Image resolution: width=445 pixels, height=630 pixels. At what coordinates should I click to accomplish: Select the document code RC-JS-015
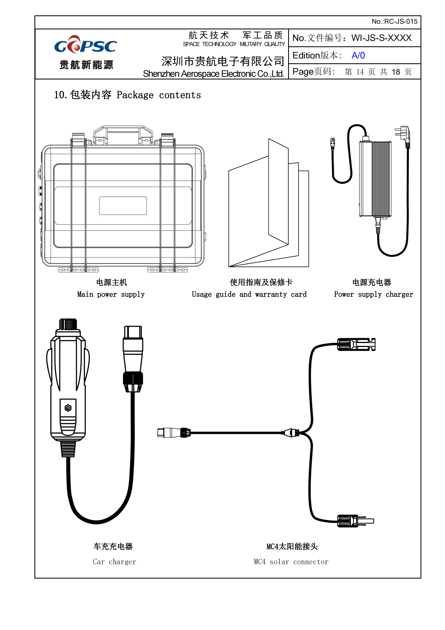click(x=401, y=21)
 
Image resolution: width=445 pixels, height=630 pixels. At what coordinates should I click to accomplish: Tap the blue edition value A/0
click(x=358, y=55)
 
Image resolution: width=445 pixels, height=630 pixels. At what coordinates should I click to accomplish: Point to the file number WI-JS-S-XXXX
click(x=382, y=38)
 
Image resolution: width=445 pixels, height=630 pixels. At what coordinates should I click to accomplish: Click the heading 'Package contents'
click(x=159, y=95)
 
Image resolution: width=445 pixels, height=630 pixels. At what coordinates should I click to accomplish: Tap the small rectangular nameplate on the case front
click(x=123, y=206)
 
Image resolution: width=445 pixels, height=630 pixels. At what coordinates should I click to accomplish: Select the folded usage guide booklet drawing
click(x=269, y=203)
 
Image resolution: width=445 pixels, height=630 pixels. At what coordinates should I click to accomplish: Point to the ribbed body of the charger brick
click(x=381, y=179)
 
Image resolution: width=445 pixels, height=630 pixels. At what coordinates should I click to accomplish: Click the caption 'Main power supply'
click(x=111, y=294)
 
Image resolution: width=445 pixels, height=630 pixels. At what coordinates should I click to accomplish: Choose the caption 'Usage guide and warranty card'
click(x=249, y=294)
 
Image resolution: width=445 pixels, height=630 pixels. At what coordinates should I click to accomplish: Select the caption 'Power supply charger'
click(x=373, y=294)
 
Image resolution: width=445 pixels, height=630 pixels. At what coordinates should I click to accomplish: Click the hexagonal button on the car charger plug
click(x=68, y=408)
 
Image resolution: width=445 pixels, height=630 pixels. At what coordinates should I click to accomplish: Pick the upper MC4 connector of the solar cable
click(x=356, y=344)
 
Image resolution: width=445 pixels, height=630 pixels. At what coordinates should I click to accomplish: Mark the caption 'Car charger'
click(x=115, y=562)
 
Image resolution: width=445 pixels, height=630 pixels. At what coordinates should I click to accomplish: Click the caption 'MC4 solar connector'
click(x=291, y=562)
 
